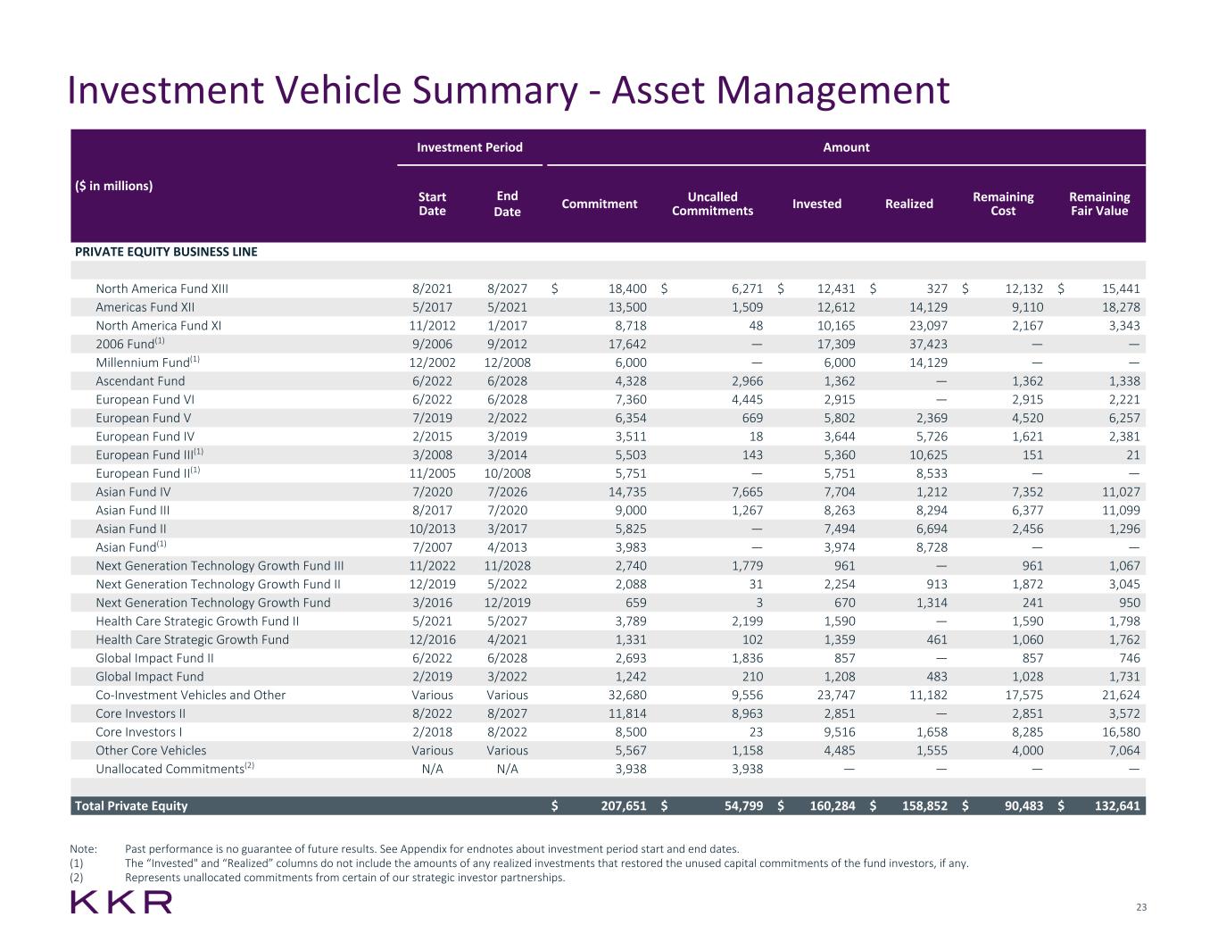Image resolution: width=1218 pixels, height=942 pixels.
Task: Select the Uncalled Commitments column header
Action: pos(712,204)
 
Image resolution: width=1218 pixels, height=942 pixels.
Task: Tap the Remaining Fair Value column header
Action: pos(1098,204)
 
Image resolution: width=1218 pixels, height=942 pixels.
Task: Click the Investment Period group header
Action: pos(469,147)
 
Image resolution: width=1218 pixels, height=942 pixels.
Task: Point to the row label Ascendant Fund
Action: pos(140,381)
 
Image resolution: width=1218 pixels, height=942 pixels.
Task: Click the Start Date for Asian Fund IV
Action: pos(432,492)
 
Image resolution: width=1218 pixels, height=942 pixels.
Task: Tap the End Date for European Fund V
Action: pos(507,418)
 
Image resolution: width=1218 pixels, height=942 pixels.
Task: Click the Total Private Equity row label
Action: pos(131,805)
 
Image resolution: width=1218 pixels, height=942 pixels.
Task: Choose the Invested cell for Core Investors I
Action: pos(833,732)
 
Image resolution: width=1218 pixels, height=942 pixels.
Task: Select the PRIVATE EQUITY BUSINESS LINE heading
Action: pos(166,252)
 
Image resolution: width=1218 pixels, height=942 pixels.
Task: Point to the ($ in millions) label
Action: pos(113,186)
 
